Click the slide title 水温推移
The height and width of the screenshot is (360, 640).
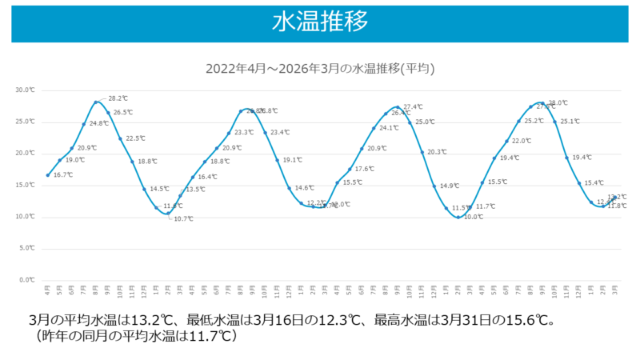click(x=320, y=22)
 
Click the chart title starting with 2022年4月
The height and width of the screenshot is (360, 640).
click(x=320, y=69)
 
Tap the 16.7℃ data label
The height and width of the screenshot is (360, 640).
click(x=62, y=174)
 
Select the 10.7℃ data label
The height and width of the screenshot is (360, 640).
click(x=183, y=218)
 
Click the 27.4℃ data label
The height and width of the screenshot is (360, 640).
click(x=413, y=106)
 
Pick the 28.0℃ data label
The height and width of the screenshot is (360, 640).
click(x=558, y=103)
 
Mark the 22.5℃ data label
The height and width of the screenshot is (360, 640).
click(x=134, y=138)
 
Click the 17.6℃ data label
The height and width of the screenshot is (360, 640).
click(x=364, y=169)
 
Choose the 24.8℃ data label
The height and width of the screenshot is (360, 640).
click(x=98, y=123)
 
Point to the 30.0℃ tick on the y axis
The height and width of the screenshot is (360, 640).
click(x=26, y=90)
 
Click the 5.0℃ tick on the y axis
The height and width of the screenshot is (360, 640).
click(x=27, y=248)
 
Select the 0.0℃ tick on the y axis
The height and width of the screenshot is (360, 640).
click(x=27, y=280)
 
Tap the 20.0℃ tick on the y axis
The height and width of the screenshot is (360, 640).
click(x=26, y=153)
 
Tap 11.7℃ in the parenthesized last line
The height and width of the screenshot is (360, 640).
click(x=209, y=336)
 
